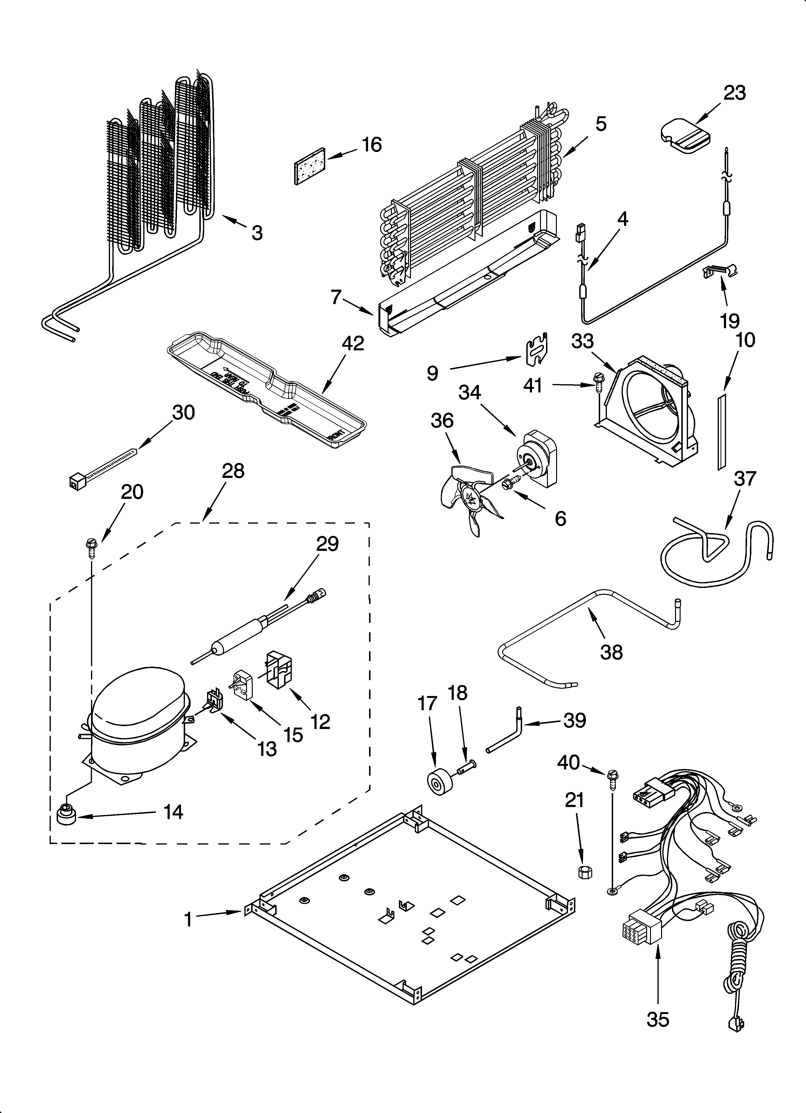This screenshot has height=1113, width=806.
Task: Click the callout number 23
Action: [734, 93]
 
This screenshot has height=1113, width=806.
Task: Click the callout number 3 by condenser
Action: [257, 233]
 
